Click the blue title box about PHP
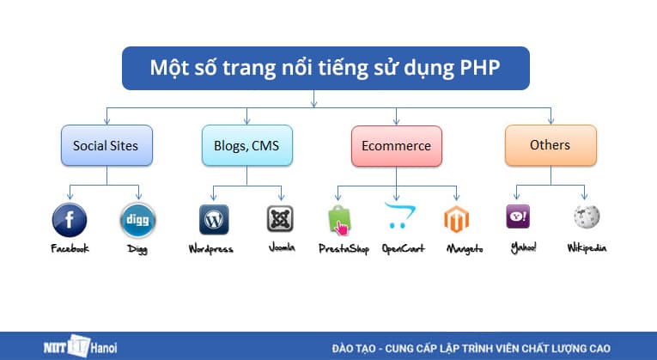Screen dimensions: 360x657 [325, 68]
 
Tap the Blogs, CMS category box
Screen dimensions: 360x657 [246, 146]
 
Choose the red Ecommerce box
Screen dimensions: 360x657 [396, 146]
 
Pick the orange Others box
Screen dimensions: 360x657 [550, 145]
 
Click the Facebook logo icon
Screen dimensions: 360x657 [70, 220]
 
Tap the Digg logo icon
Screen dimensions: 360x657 [137, 220]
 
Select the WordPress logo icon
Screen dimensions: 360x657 [214, 220]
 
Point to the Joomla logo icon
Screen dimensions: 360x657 [281, 220]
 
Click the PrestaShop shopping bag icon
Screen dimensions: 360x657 [339, 221]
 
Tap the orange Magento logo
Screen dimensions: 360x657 [456, 221]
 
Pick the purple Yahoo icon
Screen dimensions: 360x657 [518, 217]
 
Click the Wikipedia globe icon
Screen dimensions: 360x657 [587, 217]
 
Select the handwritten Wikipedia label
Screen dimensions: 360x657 [587, 248]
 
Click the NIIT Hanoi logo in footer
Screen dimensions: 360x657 [80, 348]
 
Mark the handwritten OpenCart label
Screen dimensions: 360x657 [402, 249]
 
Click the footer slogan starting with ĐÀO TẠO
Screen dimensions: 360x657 [471, 348]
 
